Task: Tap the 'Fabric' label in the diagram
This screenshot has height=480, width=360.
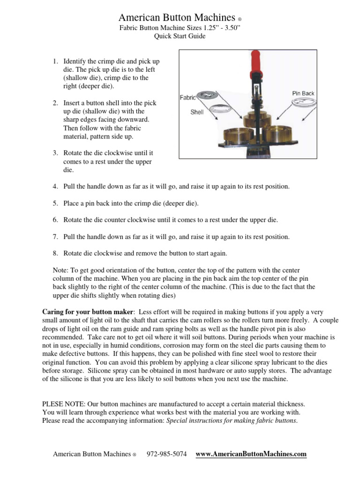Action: [187, 98]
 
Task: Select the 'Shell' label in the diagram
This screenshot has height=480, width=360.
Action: [196, 112]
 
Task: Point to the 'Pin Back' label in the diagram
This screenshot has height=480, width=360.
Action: [303, 93]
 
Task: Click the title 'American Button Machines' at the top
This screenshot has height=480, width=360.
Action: [177, 18]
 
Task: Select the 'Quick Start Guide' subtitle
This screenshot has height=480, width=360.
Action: [180, 36]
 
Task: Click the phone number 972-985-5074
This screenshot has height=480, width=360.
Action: [167, 454]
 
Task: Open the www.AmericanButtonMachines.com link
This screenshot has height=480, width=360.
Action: [251, 454]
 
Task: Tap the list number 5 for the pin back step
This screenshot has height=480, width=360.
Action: [55, 203]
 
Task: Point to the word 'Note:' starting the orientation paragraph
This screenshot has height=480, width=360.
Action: [62, 270]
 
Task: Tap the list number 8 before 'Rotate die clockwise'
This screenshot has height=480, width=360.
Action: [55, 253]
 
